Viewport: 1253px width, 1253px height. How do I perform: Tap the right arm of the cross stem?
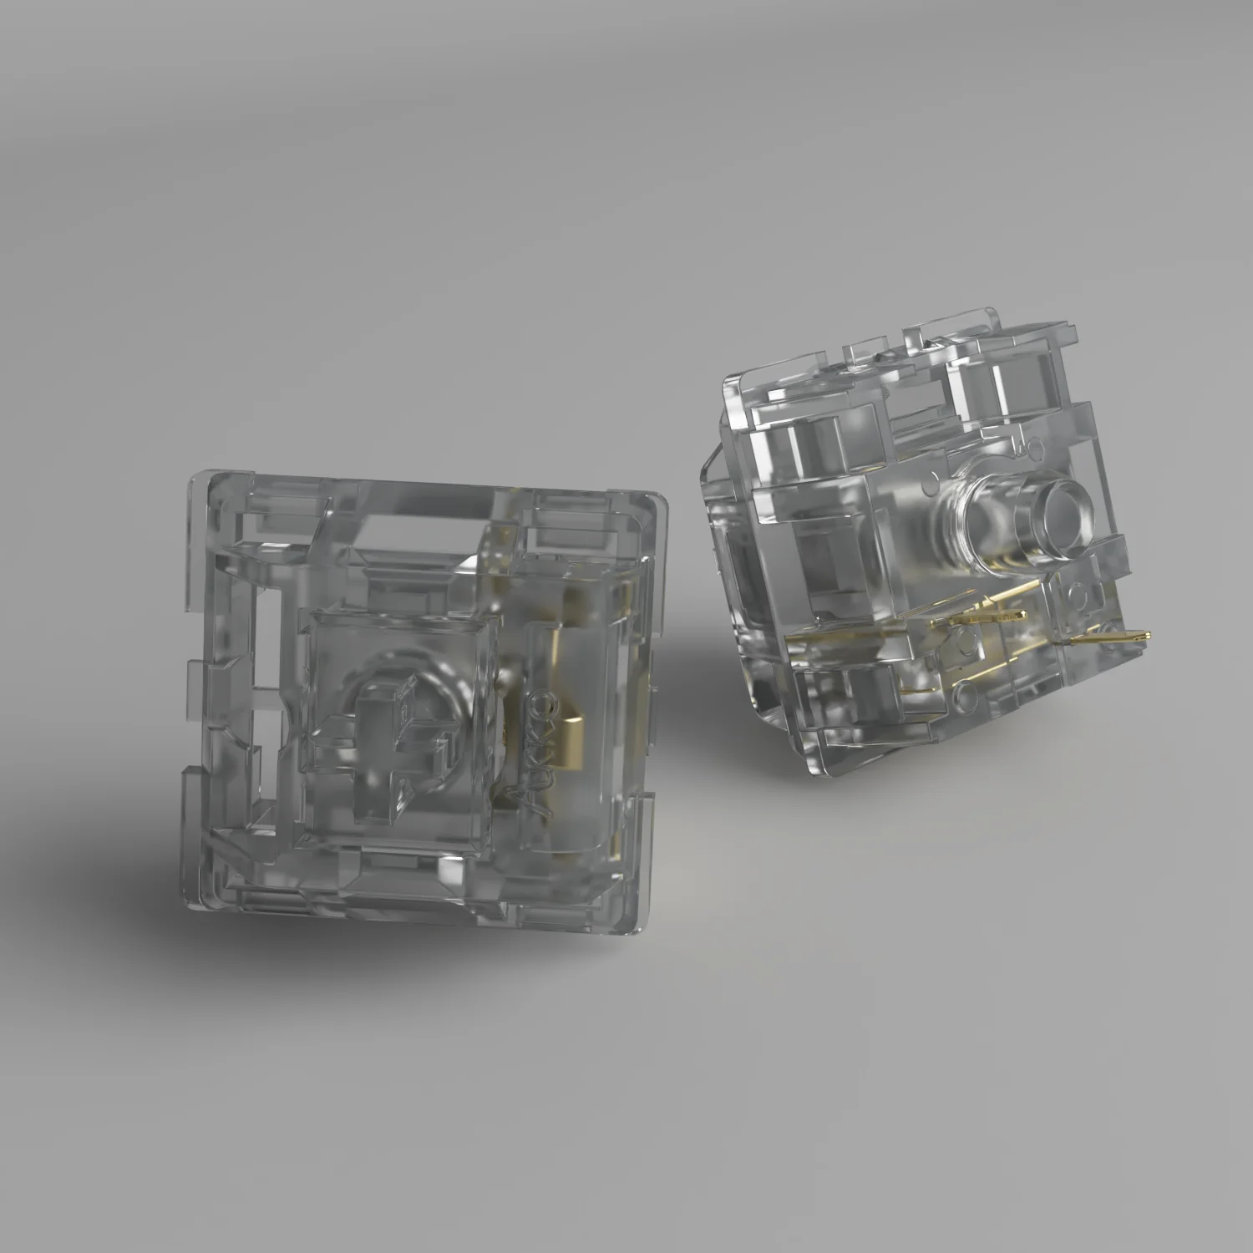[x=443, y=743]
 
